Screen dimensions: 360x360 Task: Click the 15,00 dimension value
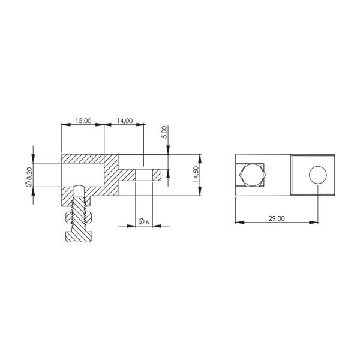pos(82,121)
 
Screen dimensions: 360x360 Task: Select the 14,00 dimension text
pos(124,121)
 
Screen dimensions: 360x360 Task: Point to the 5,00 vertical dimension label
pos(164,133)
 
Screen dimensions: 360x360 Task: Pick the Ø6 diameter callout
pos(143,221)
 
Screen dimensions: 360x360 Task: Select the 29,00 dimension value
pos(277,218)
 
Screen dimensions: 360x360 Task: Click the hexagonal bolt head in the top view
pos(252,176)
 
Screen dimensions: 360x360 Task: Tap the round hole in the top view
pos(318,175)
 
